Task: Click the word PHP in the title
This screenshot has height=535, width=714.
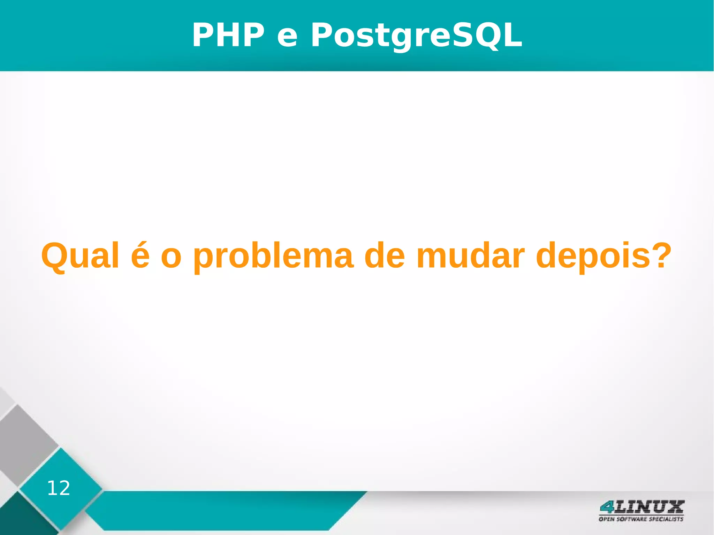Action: (x=228, y=35)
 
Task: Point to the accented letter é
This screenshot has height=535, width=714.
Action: (x=140, y=256)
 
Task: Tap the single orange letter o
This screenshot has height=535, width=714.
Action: (x=171, y=259)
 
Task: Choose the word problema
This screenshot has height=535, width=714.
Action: (x=273, y=256)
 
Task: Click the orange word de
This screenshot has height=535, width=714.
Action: (x=385, y=256)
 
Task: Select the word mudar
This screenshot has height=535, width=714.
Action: (x=471, y=256)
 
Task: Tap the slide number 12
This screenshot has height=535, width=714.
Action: (x=59, y=488)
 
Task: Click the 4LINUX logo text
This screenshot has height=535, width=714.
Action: (x=641, y=507)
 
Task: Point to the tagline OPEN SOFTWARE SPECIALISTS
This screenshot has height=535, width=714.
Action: (x=641, y=519)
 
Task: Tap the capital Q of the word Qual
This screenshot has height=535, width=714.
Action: (x=54, y=256)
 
